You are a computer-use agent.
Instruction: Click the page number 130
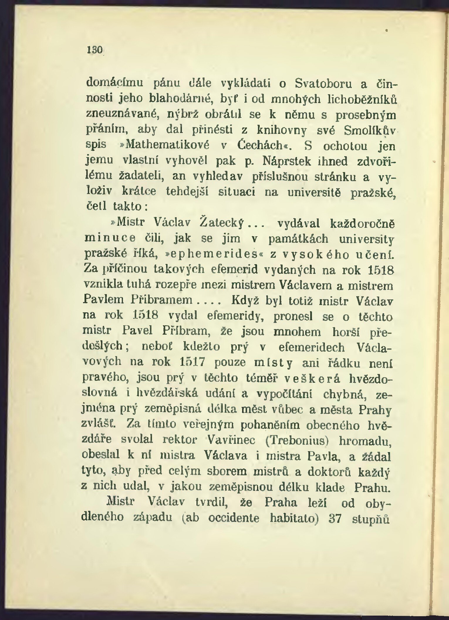coord(94,50)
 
